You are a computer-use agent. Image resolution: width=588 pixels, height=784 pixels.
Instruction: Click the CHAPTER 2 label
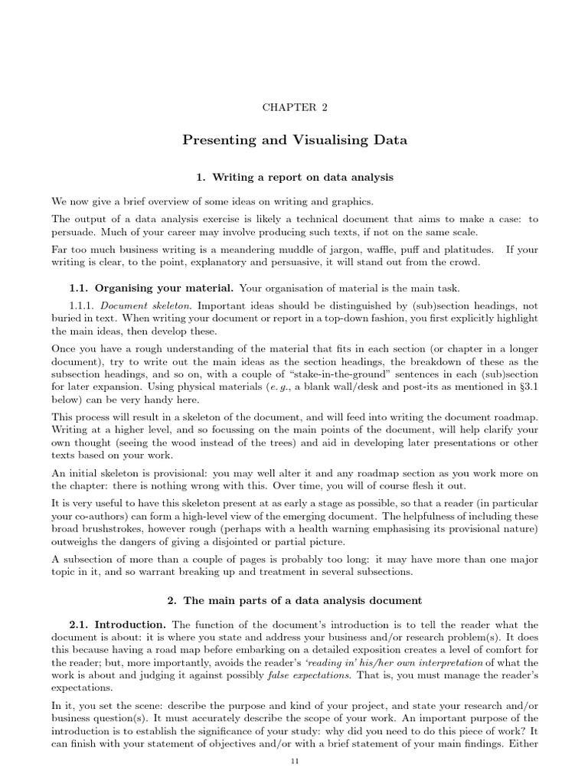(x=294, y=107)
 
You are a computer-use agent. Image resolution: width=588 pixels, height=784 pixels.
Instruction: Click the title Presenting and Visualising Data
(x=294, y=140)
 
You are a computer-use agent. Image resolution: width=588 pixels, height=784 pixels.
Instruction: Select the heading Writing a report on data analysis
(x=294, y=178)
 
